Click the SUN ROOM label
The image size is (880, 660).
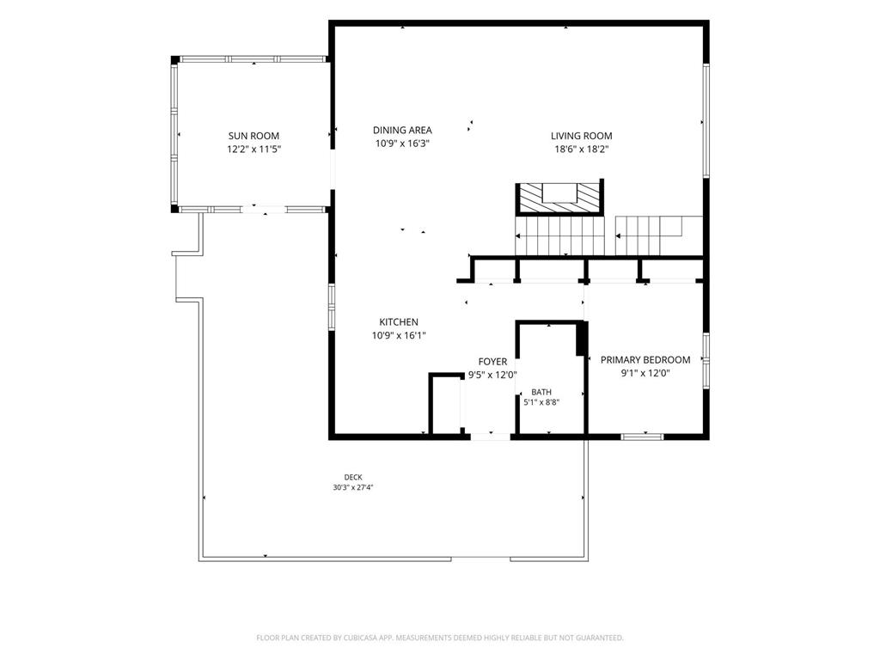[254, 136]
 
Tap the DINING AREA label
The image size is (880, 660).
[402, 131]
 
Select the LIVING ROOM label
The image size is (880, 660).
[582, 136]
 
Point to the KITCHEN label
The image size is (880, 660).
[399, 322]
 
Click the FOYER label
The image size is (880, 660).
[492, 362]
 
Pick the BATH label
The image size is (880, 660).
[541, 392]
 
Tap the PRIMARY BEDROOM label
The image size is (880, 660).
[645, 360]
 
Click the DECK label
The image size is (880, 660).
[353, 478]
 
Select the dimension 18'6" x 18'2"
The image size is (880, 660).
[582, 150]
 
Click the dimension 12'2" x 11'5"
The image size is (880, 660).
[254, 150]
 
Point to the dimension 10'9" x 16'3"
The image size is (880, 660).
[402, 144]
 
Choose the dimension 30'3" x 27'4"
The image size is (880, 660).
[353, 488]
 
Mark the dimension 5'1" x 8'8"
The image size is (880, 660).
[541, 402]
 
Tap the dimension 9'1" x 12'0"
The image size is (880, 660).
[645, 373]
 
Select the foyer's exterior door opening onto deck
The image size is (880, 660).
[490, 436]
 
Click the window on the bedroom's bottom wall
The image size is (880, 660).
[642, 436]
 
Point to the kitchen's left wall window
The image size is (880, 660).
[332, 307]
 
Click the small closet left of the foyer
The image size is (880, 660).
[446, 404]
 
